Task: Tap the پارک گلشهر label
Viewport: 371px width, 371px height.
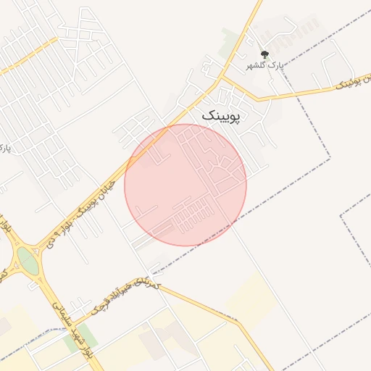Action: tap(267, 65)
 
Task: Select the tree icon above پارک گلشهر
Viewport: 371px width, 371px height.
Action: tap(264, 54)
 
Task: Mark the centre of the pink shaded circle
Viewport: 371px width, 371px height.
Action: tap(185, 185)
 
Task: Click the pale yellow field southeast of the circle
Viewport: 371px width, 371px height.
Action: tap(250, 297)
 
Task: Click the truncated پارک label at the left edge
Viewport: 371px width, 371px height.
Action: tap(5, 149)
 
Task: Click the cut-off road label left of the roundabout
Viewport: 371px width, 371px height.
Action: tap(4, 275)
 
